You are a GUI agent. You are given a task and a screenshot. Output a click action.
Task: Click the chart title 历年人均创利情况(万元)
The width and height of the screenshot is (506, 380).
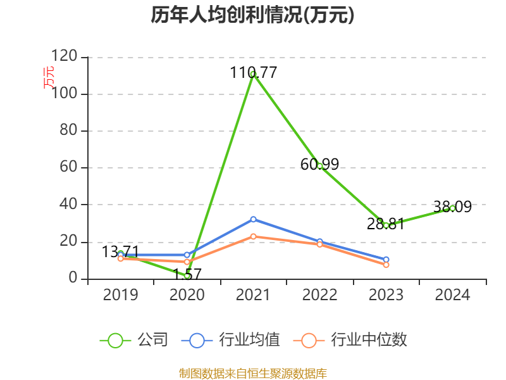[252, 15]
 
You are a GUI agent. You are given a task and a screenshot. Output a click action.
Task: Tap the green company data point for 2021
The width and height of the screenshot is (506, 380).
[253, 74]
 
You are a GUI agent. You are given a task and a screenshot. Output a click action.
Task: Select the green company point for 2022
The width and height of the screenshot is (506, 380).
[320, 166]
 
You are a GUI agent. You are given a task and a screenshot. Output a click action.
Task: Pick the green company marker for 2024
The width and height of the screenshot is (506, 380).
[452, 208]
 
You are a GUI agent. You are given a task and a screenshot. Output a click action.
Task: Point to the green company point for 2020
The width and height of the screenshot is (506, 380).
[187, 275]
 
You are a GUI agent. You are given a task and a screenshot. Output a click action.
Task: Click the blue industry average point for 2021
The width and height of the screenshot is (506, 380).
[253, 219]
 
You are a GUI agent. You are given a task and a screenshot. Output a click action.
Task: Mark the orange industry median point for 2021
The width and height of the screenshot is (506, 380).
[253, 236]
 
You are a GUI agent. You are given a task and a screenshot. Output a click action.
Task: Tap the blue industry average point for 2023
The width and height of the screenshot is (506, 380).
[386, 259]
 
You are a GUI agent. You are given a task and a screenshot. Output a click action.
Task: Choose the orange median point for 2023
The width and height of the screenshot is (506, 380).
[386, 265]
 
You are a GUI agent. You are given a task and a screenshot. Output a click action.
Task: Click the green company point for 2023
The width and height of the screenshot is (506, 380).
[386, 225]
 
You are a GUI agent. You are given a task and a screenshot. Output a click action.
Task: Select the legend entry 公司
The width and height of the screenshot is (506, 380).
[134, 340]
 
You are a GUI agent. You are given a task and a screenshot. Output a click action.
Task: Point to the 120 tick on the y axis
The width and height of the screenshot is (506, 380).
[64, 57]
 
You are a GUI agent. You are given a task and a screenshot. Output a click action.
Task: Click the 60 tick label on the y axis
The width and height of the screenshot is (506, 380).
[69, 168]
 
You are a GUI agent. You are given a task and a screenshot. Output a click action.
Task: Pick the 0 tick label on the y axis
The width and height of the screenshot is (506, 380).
[73, 279]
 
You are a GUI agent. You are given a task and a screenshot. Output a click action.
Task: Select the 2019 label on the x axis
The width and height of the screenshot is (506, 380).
[120, 295]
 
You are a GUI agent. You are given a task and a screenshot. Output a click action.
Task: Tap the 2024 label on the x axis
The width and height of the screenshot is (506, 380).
[452, 295]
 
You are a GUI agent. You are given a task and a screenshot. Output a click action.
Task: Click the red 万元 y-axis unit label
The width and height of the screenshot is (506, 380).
[48, 77]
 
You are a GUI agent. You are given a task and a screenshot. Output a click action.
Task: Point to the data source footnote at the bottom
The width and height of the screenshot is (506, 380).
[252, 374]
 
